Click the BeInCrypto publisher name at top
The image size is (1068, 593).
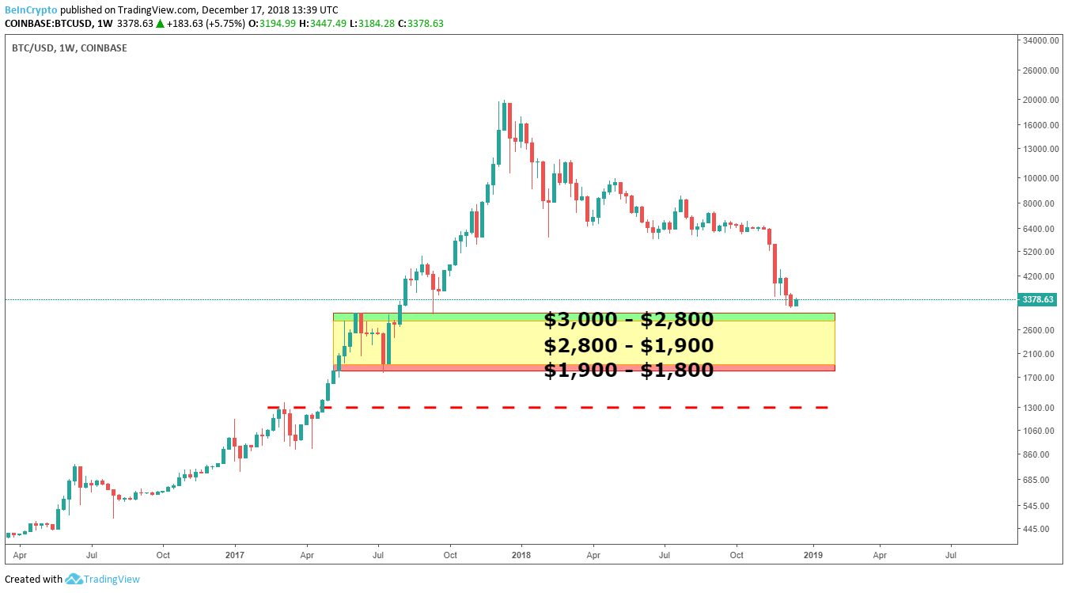click(x=31, y=10)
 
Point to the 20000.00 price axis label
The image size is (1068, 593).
click(x=1039, y=100)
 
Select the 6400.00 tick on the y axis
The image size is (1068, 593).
click(x=1039, y=229)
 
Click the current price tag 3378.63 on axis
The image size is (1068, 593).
click(x=1037, y=299)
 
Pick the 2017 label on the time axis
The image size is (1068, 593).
click(x=235, y=556)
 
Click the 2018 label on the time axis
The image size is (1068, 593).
click(x=521, y=556)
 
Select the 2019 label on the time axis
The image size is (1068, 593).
click(x=813, y=556)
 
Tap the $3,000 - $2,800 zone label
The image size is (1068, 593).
click(x=628, y=320)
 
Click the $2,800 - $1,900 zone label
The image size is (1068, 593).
click(x=628, y=345)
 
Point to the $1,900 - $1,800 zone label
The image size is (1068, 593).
click(x=628, y=370)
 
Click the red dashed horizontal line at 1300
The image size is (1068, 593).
click(x=554, y=407)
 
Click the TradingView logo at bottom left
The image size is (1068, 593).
click(x=102, y=579)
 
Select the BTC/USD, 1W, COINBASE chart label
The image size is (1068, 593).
click(x=69, y=48)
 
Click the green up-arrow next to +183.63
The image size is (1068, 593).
click(x=161, y=23)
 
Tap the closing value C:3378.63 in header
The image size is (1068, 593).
click(x=421, y=23)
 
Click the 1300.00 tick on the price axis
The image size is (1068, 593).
click(x=1039, y=407)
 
